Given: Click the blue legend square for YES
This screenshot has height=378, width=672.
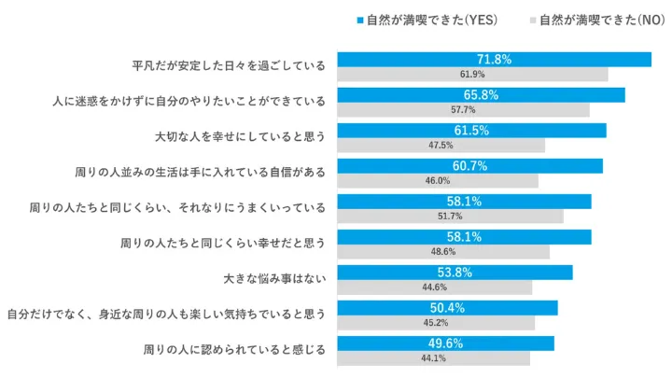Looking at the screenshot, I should click(359, 20).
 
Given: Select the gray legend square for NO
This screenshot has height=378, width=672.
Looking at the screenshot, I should click(533, 20).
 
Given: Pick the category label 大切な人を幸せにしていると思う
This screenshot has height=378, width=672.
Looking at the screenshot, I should click(240, 137).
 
